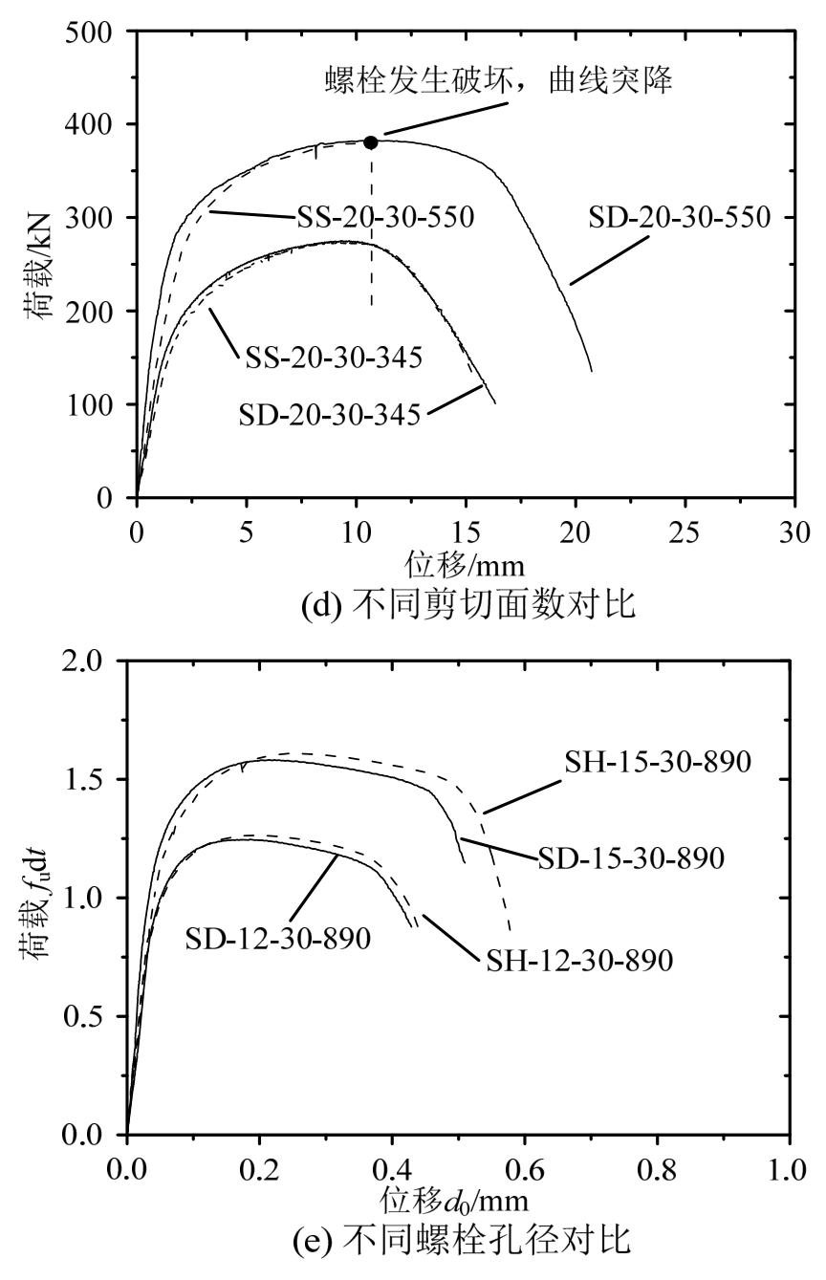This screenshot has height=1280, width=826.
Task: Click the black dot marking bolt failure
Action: point(371,142)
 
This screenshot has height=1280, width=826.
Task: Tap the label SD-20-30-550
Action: point(679,218)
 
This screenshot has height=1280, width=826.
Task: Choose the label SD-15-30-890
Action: point(631,858)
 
